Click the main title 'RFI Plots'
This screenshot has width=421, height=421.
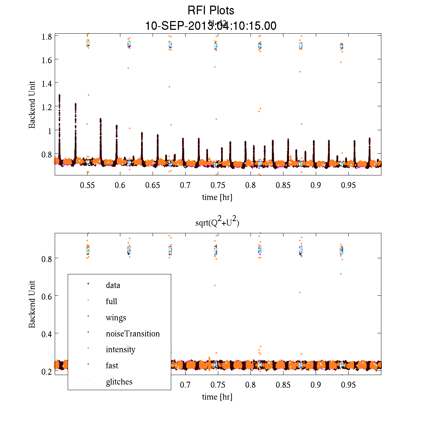pos(211,11)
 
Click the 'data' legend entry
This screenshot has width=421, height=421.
pos(113,285)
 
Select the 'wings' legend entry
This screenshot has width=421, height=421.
pos(116,318)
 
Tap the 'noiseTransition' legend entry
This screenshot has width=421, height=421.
pos(133,334)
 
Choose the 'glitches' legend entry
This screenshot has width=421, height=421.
pos(119,382)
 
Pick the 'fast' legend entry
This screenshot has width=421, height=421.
pos(112,366)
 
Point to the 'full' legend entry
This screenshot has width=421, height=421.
pos(112,301)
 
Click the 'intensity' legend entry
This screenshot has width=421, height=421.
pos(120,349)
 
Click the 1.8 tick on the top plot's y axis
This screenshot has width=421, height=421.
pos(47,36)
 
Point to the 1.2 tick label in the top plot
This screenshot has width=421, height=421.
pos(47,107)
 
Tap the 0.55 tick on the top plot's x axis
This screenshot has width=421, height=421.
pos(87,185)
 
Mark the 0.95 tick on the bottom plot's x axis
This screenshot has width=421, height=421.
pos(348,385)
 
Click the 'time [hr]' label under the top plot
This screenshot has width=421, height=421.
pos(217,197)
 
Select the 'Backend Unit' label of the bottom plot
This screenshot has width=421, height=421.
pos(32,304)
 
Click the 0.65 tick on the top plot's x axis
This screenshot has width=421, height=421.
pos(153,185)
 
